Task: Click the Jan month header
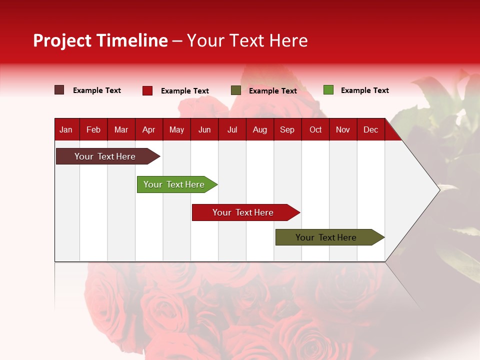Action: pyautogui.click(x=66, y=129)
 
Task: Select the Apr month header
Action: pyautogui.click(x=148, y=129)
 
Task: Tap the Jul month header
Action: pyautogui.click(x=232, y=129)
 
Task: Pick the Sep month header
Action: pyautogui.click(x=287, y=129)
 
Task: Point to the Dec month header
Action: pyautogui.click(x=370, y=129)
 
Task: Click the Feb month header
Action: pyautogui.click(x=93, y=129)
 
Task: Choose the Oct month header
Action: pyautogui.click(x=315, y=129)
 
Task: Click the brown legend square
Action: pyautogui.click(x=59, y=90)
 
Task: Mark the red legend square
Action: pyautogui.click(x=147, y=90)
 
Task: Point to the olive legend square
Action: pyautogui.click(x=236, y=90)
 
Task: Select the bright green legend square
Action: pyautogui.click(x=328, y=90)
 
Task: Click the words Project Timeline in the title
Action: pyautogui.click(x=100, y=40)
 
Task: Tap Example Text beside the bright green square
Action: pyautogui.click(x=364, y=90)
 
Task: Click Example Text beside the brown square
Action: pyautogui.click(x=97, y=90)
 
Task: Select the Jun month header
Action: pyautogui.click(x=204, y=129)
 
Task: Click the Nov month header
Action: pyautogui.click(x=343, y=129)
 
